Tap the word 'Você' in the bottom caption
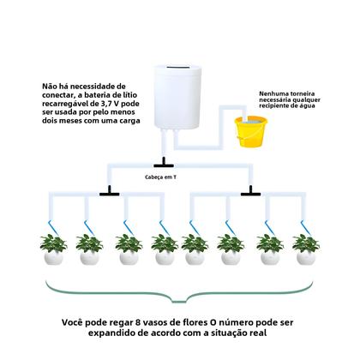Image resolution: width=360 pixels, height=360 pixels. click(74, 323)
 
